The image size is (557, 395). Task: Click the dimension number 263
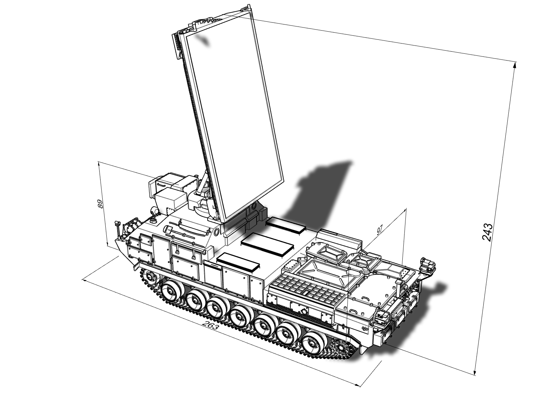pyautogui.click(x=211, y=325)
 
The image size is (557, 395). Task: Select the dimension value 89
pyautogui.click(x=100, y=204)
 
